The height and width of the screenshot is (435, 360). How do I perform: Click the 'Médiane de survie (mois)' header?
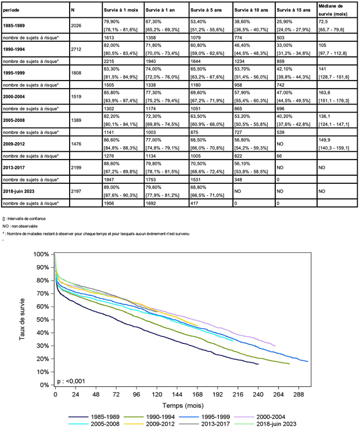tap(332, 10)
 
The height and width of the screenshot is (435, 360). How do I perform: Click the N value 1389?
tap(75, 120)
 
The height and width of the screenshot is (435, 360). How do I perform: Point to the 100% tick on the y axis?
tap(42, 255)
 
